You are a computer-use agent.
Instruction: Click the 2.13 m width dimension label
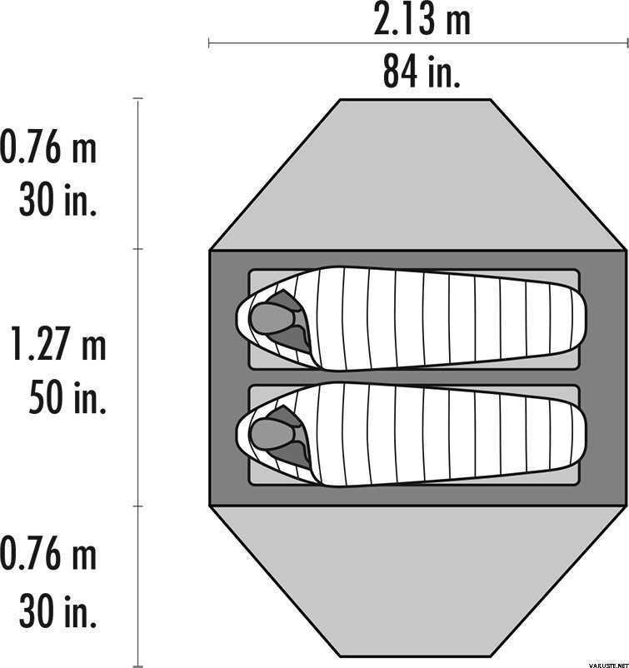[422, 19]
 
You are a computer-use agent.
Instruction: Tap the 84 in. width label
[422, 71]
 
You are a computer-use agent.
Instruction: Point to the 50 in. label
[67, 397]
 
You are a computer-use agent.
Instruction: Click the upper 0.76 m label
[48, 147]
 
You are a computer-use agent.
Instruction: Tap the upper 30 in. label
[57, 199]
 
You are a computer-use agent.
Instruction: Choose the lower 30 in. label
[57, 611]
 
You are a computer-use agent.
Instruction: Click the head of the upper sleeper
[272, 318]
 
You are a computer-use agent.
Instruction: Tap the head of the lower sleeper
[272, 434]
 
